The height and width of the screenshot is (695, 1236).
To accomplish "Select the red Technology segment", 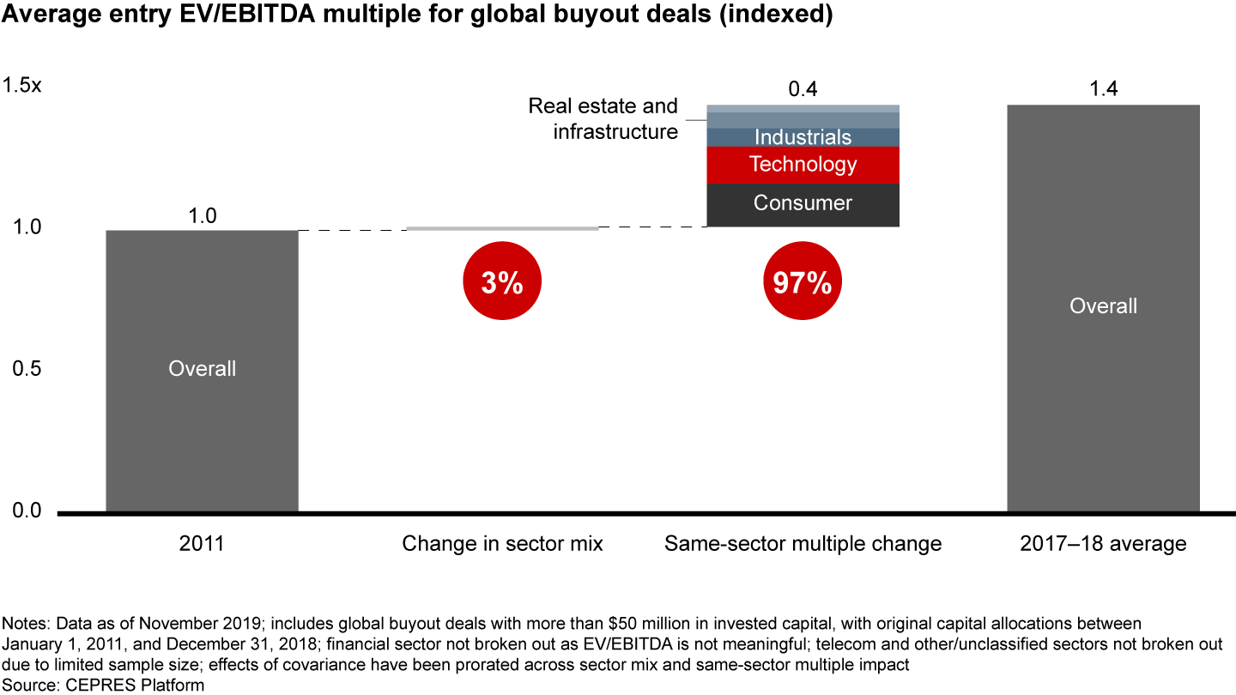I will pyautogui.click(x=803, y=164).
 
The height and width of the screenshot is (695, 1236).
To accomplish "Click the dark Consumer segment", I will pyautogui.click(x=803, y=204).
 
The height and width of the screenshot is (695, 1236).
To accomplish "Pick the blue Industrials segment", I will pyautogui.click(x=803, y=137).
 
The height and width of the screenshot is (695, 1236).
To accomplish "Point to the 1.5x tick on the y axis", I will pyautogui.click(x=21, y=86).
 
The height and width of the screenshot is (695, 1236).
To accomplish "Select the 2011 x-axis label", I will pyautogui.click(x=202, y=544).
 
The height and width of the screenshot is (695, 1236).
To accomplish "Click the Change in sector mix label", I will pyautogui.click(x=502, y=544).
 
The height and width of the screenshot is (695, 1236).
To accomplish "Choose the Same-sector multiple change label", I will pyautogui.click(x=803, y=544).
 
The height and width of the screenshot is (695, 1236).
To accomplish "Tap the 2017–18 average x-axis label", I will pyautogui.click(x=1103, y=544).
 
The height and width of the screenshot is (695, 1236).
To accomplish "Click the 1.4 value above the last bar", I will pyautogui.click(x=1103, y=88).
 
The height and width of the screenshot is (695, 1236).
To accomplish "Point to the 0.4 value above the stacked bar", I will pyautogui.click(x=803, y=88).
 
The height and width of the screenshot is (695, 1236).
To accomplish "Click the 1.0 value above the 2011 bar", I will pyautogui.click(x=202, y=215).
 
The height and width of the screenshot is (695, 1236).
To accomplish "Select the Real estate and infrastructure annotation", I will pyautogui.click(x=603, y=118).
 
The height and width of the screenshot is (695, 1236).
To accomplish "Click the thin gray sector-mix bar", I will pyautogui.click(x=502, y=228).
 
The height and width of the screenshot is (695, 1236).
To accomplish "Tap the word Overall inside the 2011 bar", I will pyautogui.click(x=202, y=369).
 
